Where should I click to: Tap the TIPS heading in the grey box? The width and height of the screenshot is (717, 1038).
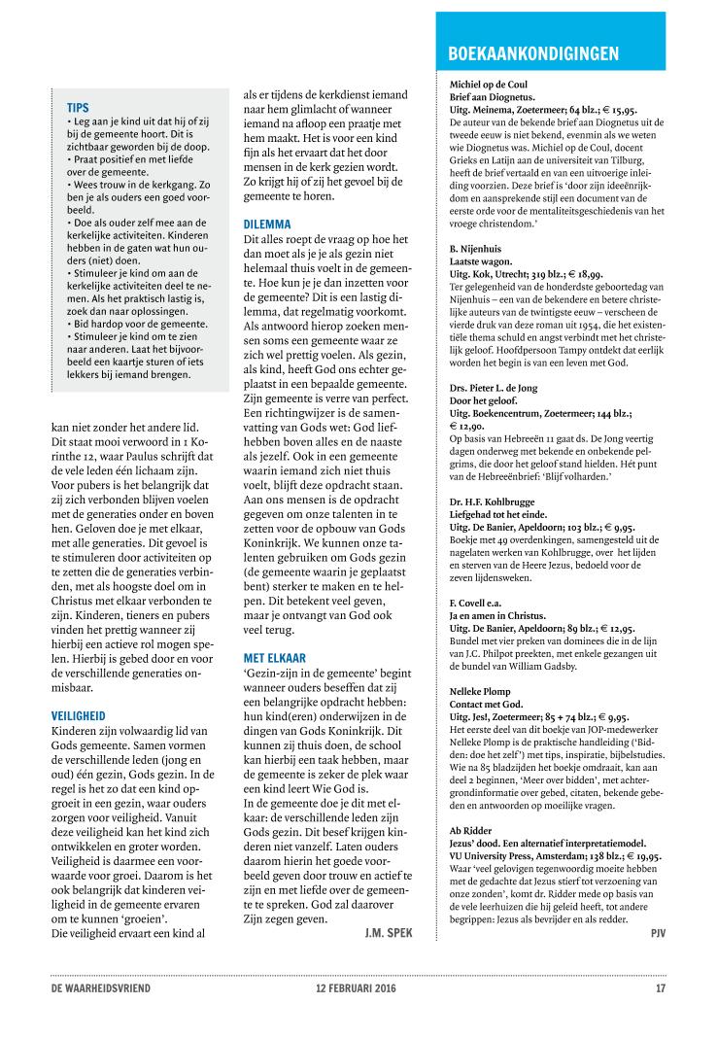(79, 107)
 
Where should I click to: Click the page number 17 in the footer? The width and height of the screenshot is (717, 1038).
(660, 989)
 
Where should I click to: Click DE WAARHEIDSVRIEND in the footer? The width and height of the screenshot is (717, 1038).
(101, 989)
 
